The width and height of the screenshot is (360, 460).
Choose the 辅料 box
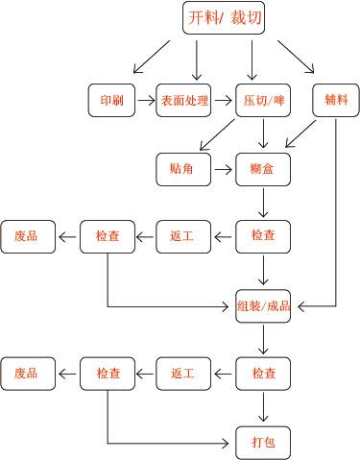335,99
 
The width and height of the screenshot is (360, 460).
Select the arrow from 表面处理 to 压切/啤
223,99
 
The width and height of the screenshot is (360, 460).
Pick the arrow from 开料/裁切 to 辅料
295,57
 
